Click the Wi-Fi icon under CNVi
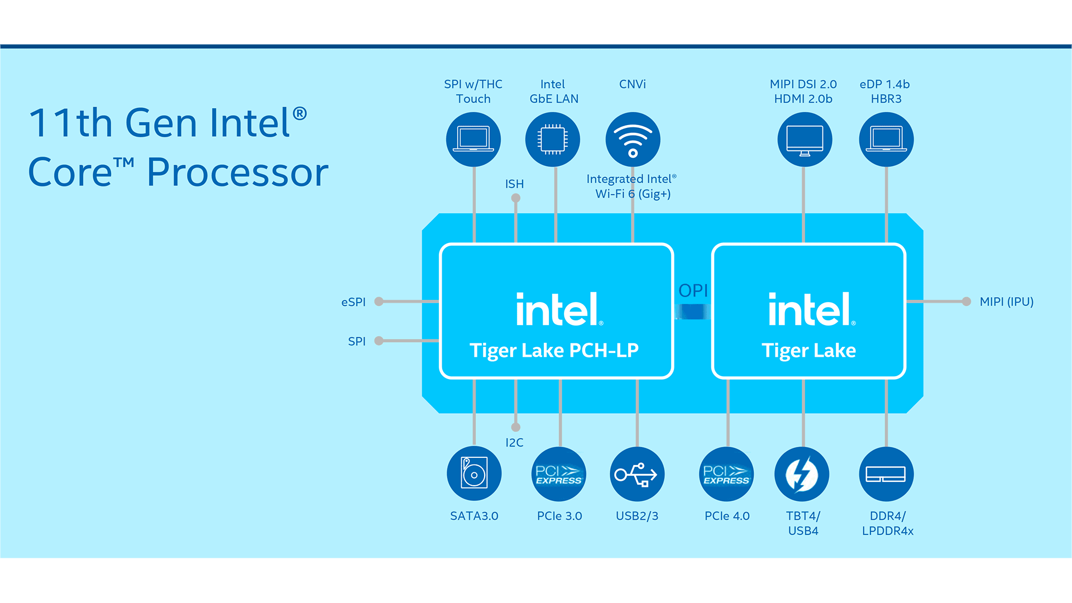[633, 140]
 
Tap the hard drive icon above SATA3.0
[474, 473]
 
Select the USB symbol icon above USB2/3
[636, 474]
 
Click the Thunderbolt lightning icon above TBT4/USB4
[802, 474]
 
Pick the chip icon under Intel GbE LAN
[553, 140]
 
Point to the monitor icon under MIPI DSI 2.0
[805, 140]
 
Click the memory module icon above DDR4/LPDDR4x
[886, 474]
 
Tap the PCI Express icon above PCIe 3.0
[558, 474]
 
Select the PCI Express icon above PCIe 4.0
[726, 474]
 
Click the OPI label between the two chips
[693, 290]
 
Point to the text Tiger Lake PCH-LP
[554, 350]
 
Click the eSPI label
[353, 302]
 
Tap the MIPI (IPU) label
[1006, 301]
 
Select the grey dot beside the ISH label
[516, 198]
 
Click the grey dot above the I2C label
[516, 427]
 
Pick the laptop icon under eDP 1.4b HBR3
[886, 140]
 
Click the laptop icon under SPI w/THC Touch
[473, 140]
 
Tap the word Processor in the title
[237, 172]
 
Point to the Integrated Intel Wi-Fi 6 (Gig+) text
[632, 186]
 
